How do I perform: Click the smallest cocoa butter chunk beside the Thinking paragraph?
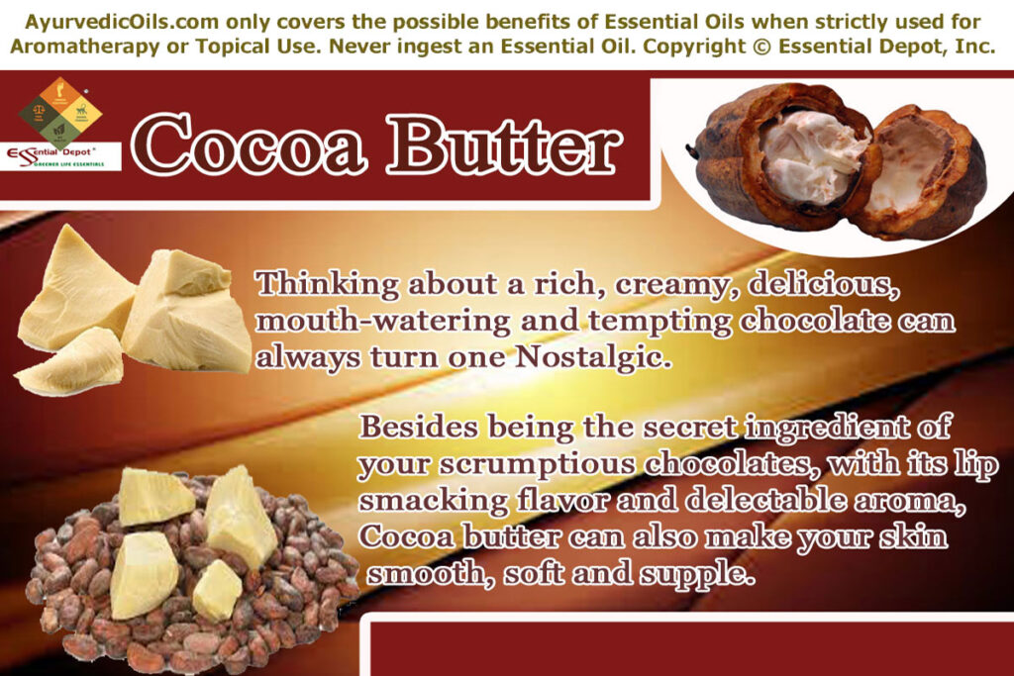click(71, 363)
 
